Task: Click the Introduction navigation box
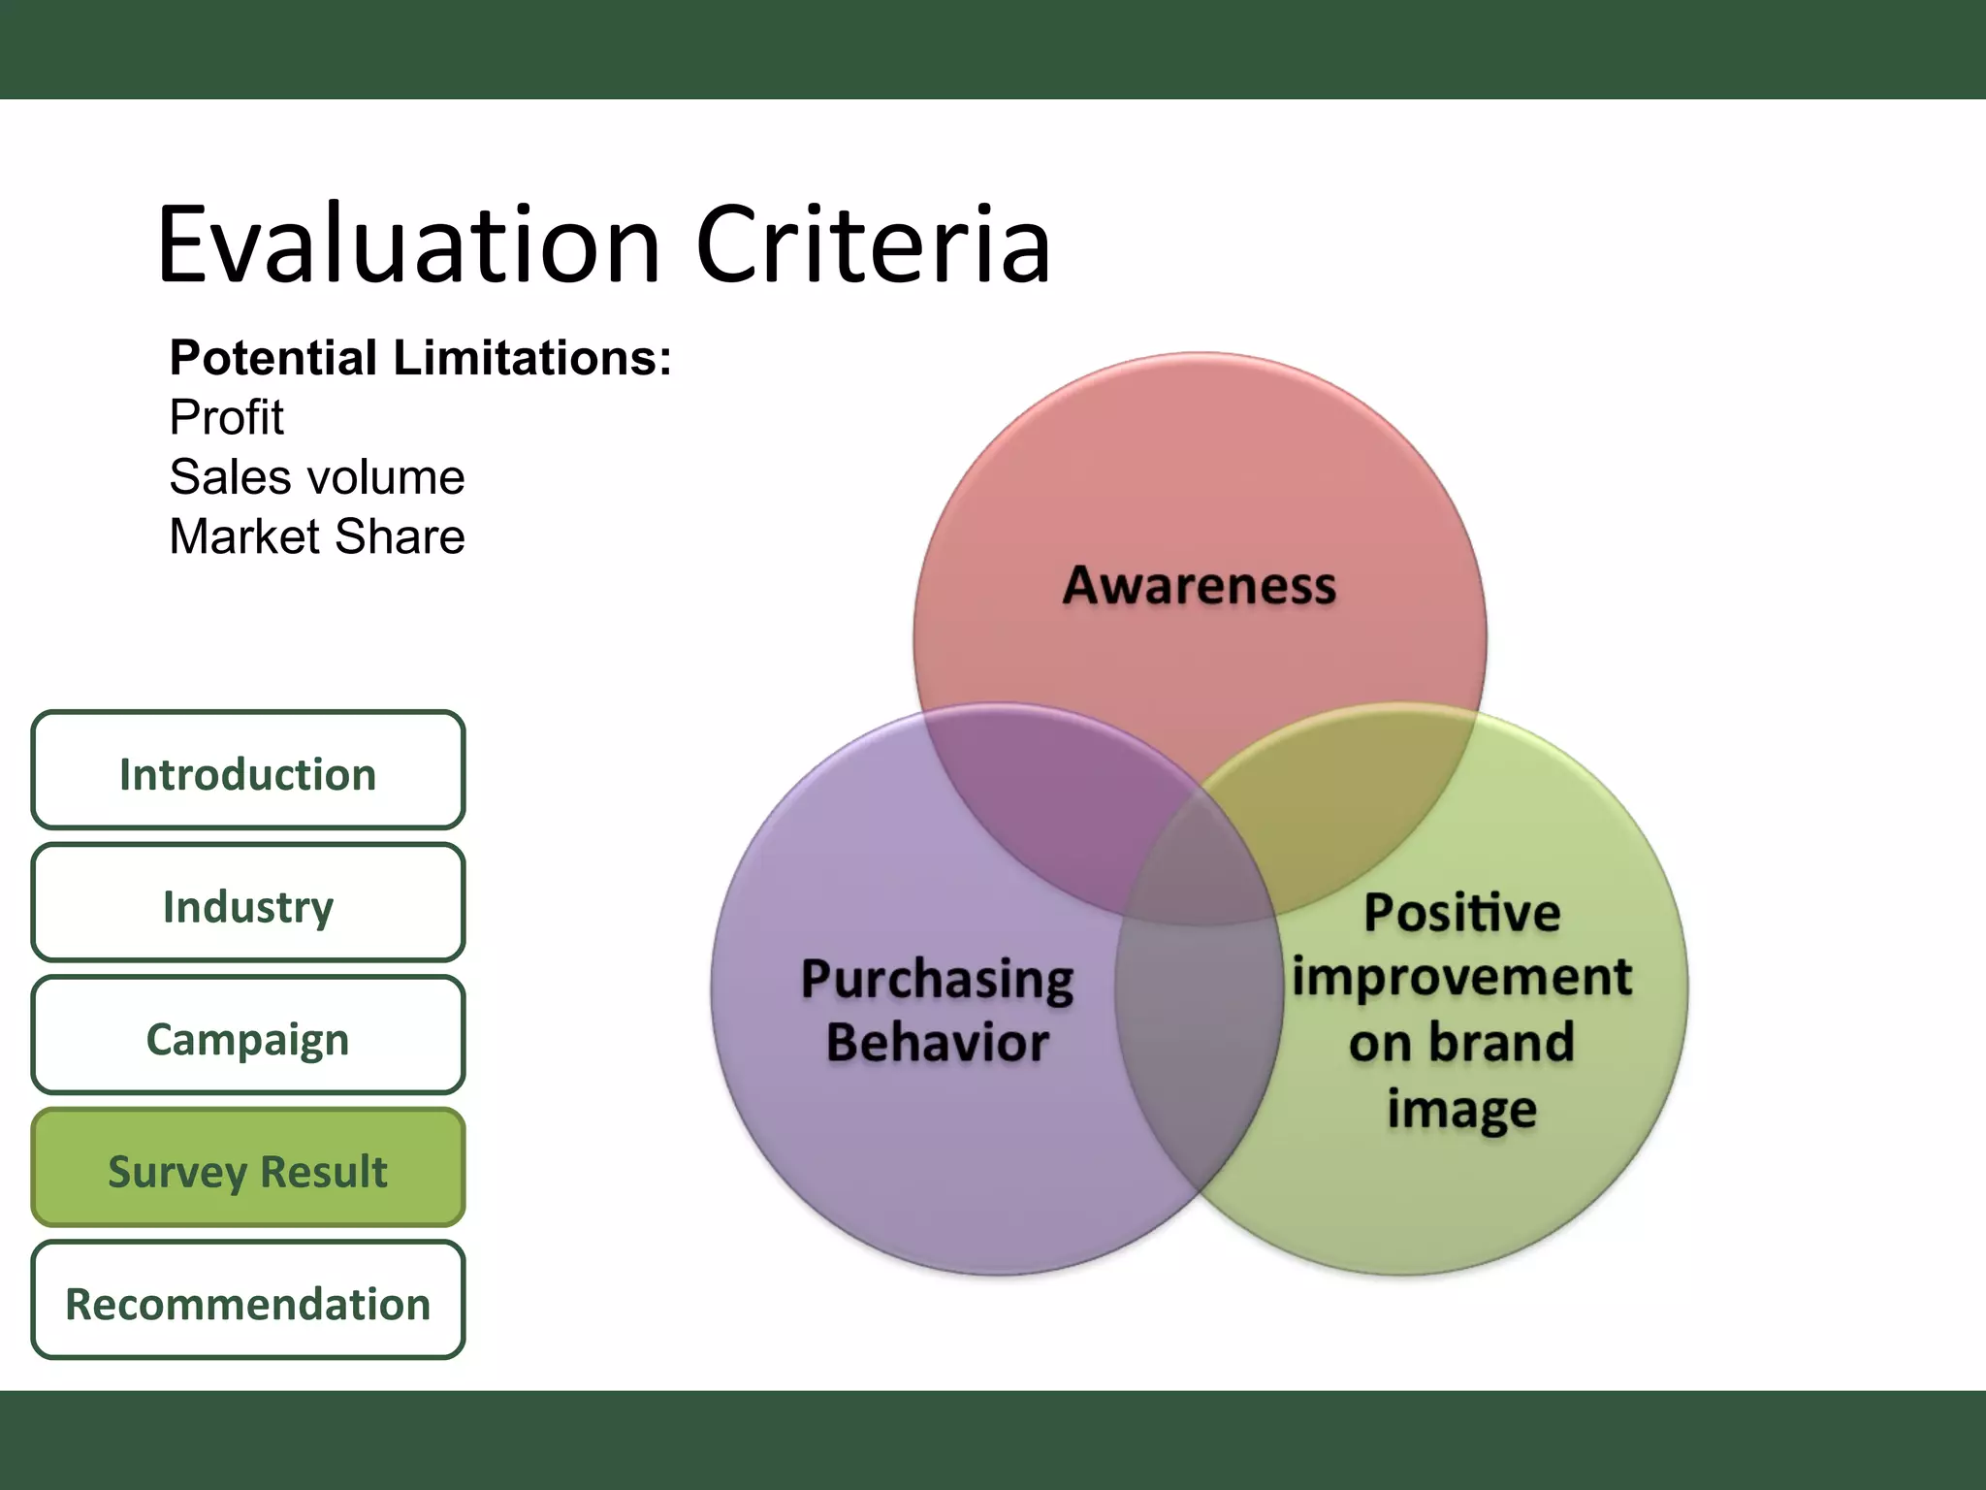(x=247, y=771)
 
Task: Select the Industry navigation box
(x=247, y=904)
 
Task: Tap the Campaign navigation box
(x=247, y=1036)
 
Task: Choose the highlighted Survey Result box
(x=247, y=1169)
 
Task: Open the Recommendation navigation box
(x=247, y=1302)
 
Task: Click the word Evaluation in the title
(x=407, y=244)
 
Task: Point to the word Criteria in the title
(x=873, y=244)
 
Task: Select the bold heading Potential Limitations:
(x=420, y=358)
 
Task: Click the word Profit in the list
(x=226, y=418)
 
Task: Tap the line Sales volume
(x=316, y=477)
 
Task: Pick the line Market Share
(x=316, y=536)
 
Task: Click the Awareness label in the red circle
(x=1200, y=586)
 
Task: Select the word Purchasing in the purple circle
(x=937, y=980)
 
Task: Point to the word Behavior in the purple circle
(x=937, y=1043)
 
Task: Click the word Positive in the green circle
(x=1461, y=913)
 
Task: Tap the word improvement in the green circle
(x=1461, y=977)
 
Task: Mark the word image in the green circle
(x=1461, y=1108)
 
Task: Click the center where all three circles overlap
(x=1200, y=873)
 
